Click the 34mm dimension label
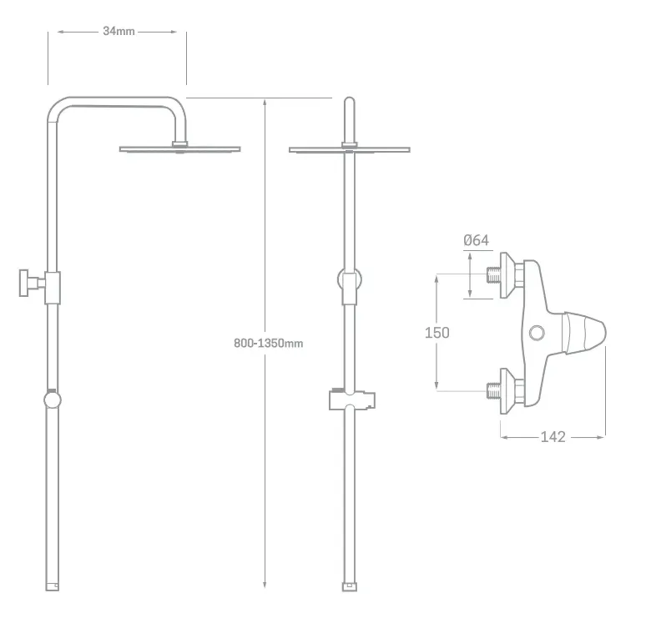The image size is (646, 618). coord(119,32)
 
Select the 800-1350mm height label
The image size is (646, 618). coord(268,343)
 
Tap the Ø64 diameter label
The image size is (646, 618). coord(477,240)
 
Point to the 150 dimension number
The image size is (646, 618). coord(437,332)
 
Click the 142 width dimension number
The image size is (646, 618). coord(553,436)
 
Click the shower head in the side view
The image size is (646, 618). coord(180,148)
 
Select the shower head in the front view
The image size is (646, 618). coord(350,149)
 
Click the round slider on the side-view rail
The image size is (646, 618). coord(52,399)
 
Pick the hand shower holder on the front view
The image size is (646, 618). coord(352,399)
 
